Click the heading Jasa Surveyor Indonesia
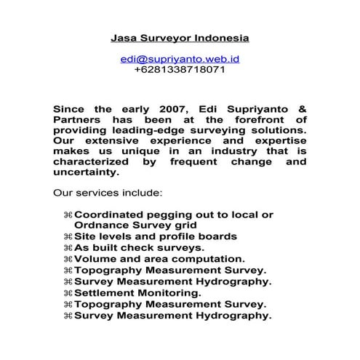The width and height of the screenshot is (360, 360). [x=180, y=36]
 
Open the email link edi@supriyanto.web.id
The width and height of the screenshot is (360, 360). [x=180, y=58]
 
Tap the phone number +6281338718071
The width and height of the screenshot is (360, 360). [x=180, y=70]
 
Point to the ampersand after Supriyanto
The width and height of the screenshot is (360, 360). [x=300, y=108]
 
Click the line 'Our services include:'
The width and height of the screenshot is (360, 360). [x=108, y=194]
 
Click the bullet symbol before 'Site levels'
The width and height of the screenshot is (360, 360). [x=68, y=236]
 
